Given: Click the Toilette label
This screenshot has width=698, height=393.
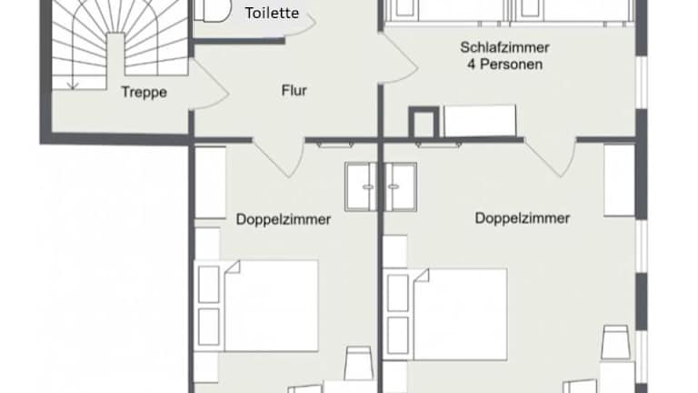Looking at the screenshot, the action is click(x=272, y=13).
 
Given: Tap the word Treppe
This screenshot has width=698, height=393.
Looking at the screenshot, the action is click(x=145, y=92).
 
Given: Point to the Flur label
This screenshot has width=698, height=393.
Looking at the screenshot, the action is click(x=294, y=90).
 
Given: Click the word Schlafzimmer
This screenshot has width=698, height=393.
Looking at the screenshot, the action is click(x=504, y=46).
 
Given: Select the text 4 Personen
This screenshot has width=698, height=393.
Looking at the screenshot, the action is click(x=504, y=65).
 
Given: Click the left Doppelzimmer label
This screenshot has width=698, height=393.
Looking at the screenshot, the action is click(x=284, y=219).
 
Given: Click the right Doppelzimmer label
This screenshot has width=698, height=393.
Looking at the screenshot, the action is click(x=523, y=218).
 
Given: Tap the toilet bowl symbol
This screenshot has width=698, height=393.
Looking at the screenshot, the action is click(x=213, y=10).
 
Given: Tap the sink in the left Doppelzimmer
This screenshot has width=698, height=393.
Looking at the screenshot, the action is click(x=361, y=186).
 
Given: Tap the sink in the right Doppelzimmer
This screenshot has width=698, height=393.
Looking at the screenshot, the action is click(x=400, y=186).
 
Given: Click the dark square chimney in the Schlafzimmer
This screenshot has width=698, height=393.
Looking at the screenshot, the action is click(x=424, y=122).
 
